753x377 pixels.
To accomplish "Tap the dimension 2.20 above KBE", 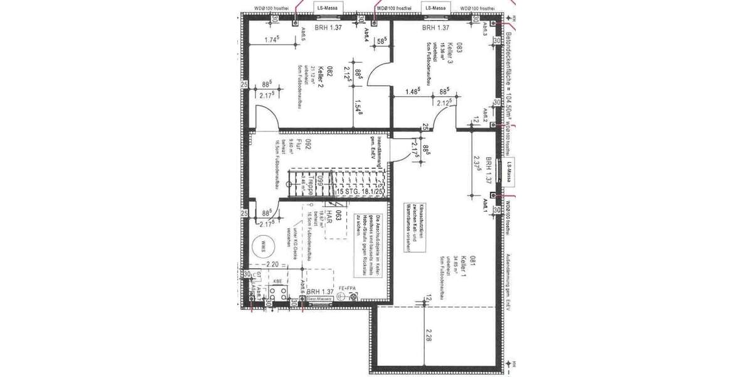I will tap(272, 265).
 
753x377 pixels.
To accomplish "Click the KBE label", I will tap(277, 283).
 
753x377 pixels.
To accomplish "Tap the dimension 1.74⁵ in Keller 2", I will tap(272, 40).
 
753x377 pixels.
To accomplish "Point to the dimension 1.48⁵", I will tap(412, 90).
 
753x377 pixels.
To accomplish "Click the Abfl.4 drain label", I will tap(365, 34).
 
